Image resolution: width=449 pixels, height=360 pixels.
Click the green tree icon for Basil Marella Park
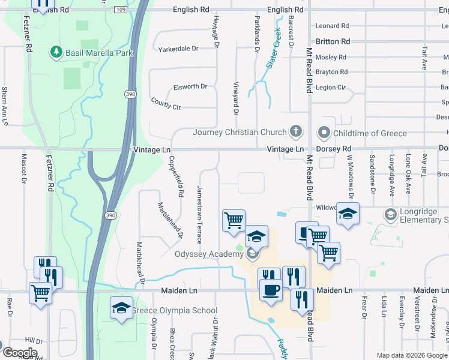tap(57, 52)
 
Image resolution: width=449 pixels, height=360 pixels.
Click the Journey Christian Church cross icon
tap(295, 131)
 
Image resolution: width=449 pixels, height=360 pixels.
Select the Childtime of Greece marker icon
tap(325, 133)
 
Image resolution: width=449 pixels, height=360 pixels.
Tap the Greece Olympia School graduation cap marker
tap(121, 308)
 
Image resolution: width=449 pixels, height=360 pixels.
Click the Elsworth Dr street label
tap(190, 86)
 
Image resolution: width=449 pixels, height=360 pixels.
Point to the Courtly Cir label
tap(166, 104)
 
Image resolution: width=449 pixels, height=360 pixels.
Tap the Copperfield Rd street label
tap(175, 177)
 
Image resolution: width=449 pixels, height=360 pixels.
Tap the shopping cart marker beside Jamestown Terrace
tap(234, 220)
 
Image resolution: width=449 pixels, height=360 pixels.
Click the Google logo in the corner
tap(19, 353)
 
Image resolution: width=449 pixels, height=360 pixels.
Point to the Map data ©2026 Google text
tap(411, 355)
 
